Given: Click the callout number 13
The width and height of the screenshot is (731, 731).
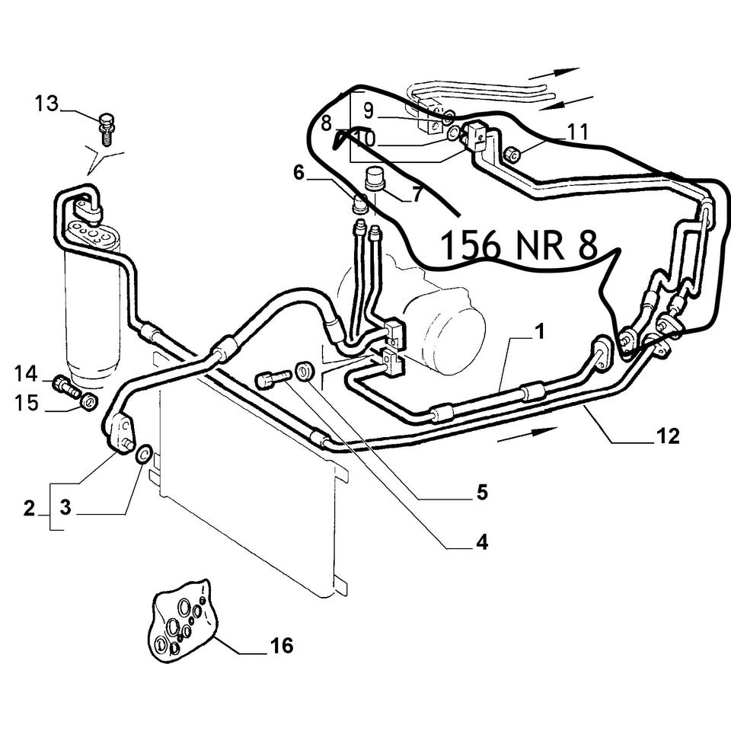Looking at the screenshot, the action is [x=47, y=104].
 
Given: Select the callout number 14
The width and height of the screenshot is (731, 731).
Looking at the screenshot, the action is [x=26, y=374].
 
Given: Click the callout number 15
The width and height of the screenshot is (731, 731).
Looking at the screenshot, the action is [x=26, y=403].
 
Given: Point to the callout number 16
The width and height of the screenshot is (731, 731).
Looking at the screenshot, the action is [x=281, y=646].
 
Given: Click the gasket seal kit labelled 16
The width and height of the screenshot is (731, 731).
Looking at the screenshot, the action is [x=183, y=618].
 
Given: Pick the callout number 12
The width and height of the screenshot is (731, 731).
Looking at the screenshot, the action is [x=668, y=436].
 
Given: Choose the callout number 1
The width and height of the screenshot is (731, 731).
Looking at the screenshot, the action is [x=540, y=333].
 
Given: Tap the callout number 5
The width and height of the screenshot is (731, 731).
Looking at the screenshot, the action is [x=482, y=493].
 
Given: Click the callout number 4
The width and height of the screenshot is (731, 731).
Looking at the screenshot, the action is [x=482, y=542].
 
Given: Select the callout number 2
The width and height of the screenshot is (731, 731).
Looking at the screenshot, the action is [x=30, y=508].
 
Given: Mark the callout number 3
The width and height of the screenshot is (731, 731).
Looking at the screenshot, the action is [x=65, y=507].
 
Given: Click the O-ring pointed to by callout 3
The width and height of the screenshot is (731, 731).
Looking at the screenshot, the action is [x=143, y=454].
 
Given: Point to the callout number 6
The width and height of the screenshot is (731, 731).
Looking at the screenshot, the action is [x=298, y=173].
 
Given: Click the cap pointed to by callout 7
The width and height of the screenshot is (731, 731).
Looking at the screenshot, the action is [x=375, y=177].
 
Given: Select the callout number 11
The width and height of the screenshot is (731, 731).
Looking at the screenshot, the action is [x=577, y=132].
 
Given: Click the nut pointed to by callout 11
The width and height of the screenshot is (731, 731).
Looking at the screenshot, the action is [x=512, y=154].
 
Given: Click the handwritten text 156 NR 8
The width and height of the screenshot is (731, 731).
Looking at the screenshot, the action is [x=519, y=246].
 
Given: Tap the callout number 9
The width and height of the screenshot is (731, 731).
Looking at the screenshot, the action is [x=369, y=111].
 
